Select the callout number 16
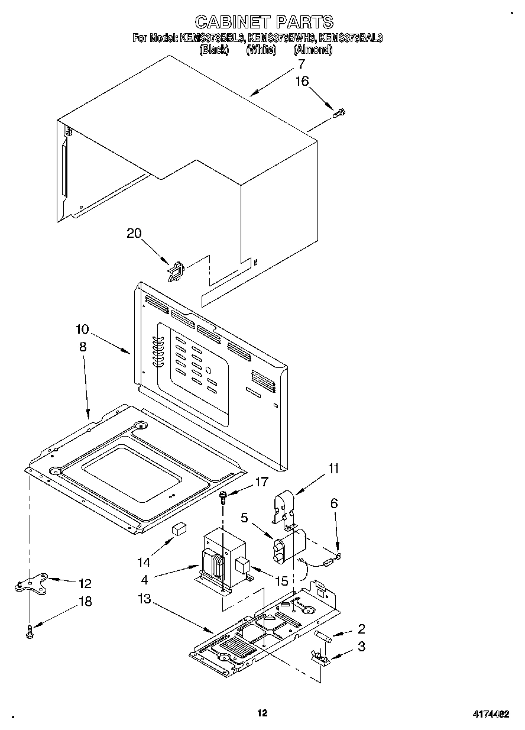pyautogui.click(x=302, y=81)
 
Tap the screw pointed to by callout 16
pyautogui.click(x=340, y=112)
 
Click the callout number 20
pyautogui.click(x=134, y=233)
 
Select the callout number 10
pyautogui.click(x=82, y=328)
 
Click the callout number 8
pyautogui.click(x=82, y=347)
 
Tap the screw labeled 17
pyautogui.click(x=223, y=496)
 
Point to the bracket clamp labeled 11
pyautogui.click(x=286, y=508)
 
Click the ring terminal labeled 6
pyautogui.click(x=339, y=555)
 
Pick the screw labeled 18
pyautogui.click(x=29, y=632)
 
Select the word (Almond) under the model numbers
pyautogui.click(x=313, y=50)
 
